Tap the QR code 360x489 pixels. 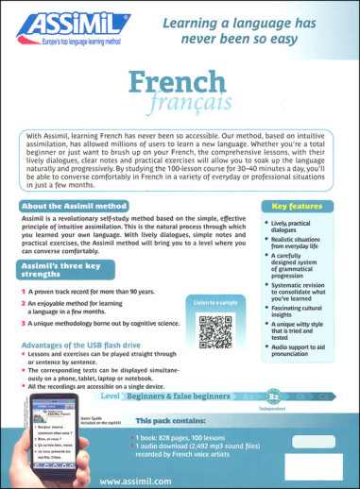(x=215, y=332)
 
